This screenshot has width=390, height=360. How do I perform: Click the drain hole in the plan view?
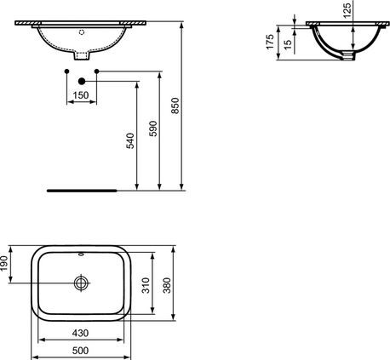[81, 282]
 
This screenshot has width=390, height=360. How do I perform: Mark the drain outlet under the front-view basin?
[82, 55]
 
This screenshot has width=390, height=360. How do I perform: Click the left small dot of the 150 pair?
[66, 71]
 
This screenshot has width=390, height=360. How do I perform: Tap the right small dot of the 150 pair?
[97, 71]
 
